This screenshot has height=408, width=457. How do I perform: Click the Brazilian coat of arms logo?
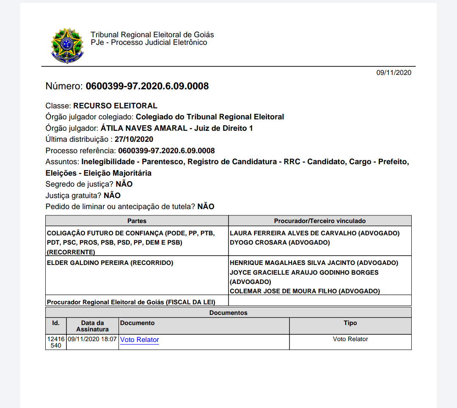pos(67,46)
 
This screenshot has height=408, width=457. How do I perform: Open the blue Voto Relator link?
pos(140,340)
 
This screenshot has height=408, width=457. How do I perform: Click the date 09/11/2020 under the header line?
pos(394,73)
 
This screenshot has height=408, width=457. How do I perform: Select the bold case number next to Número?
pos(147,86)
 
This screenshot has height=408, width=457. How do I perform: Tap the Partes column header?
pos(137,221)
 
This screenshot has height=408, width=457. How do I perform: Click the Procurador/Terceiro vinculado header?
pos(319,221)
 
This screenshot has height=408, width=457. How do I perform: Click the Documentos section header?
pos(228,313)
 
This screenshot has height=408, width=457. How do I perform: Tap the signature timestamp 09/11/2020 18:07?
pos(92,339)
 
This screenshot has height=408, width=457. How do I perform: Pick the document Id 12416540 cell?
pos(55,342)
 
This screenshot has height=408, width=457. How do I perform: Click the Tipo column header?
pos(350,323)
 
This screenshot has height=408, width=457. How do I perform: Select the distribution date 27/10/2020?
pos(134,139)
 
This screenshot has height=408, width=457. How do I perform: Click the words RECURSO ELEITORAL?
pos(115,106)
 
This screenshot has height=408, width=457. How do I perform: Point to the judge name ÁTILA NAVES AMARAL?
pos(144,128)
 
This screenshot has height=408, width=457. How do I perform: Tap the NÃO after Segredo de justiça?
pos(124,184)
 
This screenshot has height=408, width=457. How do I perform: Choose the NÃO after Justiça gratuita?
pos(112,196)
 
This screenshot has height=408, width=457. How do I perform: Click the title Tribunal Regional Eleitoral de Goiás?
pos(152,35)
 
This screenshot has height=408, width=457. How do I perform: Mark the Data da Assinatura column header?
pos(92,326)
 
